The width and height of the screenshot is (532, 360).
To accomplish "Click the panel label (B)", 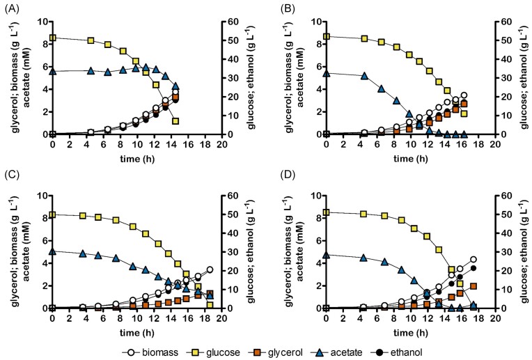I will pyautogui.click(x=282, y=8).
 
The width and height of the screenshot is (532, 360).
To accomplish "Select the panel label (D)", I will pyautogui.click(x=282, y=182).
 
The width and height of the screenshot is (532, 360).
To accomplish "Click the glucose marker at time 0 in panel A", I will pyautogui.click(x=52, y=38).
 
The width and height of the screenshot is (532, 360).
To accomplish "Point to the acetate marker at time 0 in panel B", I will pyautogui.click(x=326, y=72).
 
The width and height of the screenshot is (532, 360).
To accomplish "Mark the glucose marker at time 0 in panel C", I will pyautogui.click(x=52, y=215).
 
